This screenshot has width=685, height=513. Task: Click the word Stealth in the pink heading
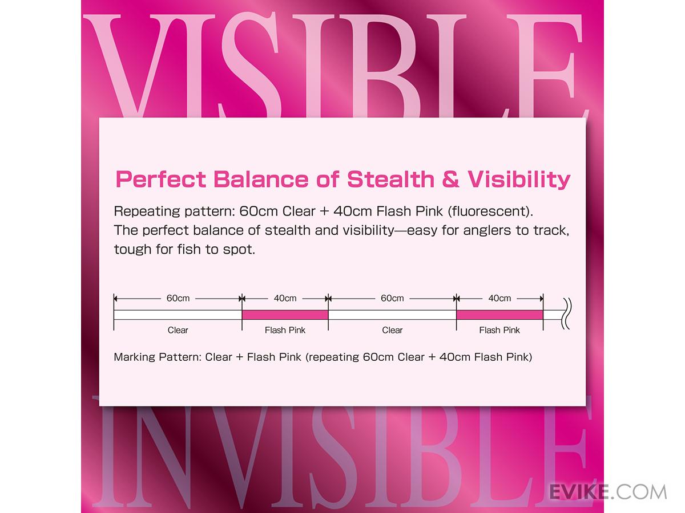pos(390,180)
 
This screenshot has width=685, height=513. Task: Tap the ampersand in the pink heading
pos(450,180)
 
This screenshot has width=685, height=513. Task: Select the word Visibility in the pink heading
pos(519,180)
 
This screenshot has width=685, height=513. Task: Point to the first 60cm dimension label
pos(178,298)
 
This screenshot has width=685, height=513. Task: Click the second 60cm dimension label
pos(392,298)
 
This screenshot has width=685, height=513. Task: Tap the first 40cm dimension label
pos(285,298)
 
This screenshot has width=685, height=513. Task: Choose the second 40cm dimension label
pos(499,298)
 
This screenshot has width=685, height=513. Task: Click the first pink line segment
pos(285,315)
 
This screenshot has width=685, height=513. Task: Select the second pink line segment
pos(499,315)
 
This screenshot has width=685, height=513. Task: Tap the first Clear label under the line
pos(178,330)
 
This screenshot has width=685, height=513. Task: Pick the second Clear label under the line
pos(392,330)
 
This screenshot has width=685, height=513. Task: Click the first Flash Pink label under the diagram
pos(285,330)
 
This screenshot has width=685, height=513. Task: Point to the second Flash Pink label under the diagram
pos(499,330)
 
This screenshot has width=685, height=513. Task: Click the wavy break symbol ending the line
pos(566,313)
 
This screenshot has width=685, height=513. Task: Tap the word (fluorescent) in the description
pos(490,211)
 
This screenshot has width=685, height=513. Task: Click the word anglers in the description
pos(487,231)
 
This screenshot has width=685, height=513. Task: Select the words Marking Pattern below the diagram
pos(158,357)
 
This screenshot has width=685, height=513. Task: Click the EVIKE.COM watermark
pos(608,491)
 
